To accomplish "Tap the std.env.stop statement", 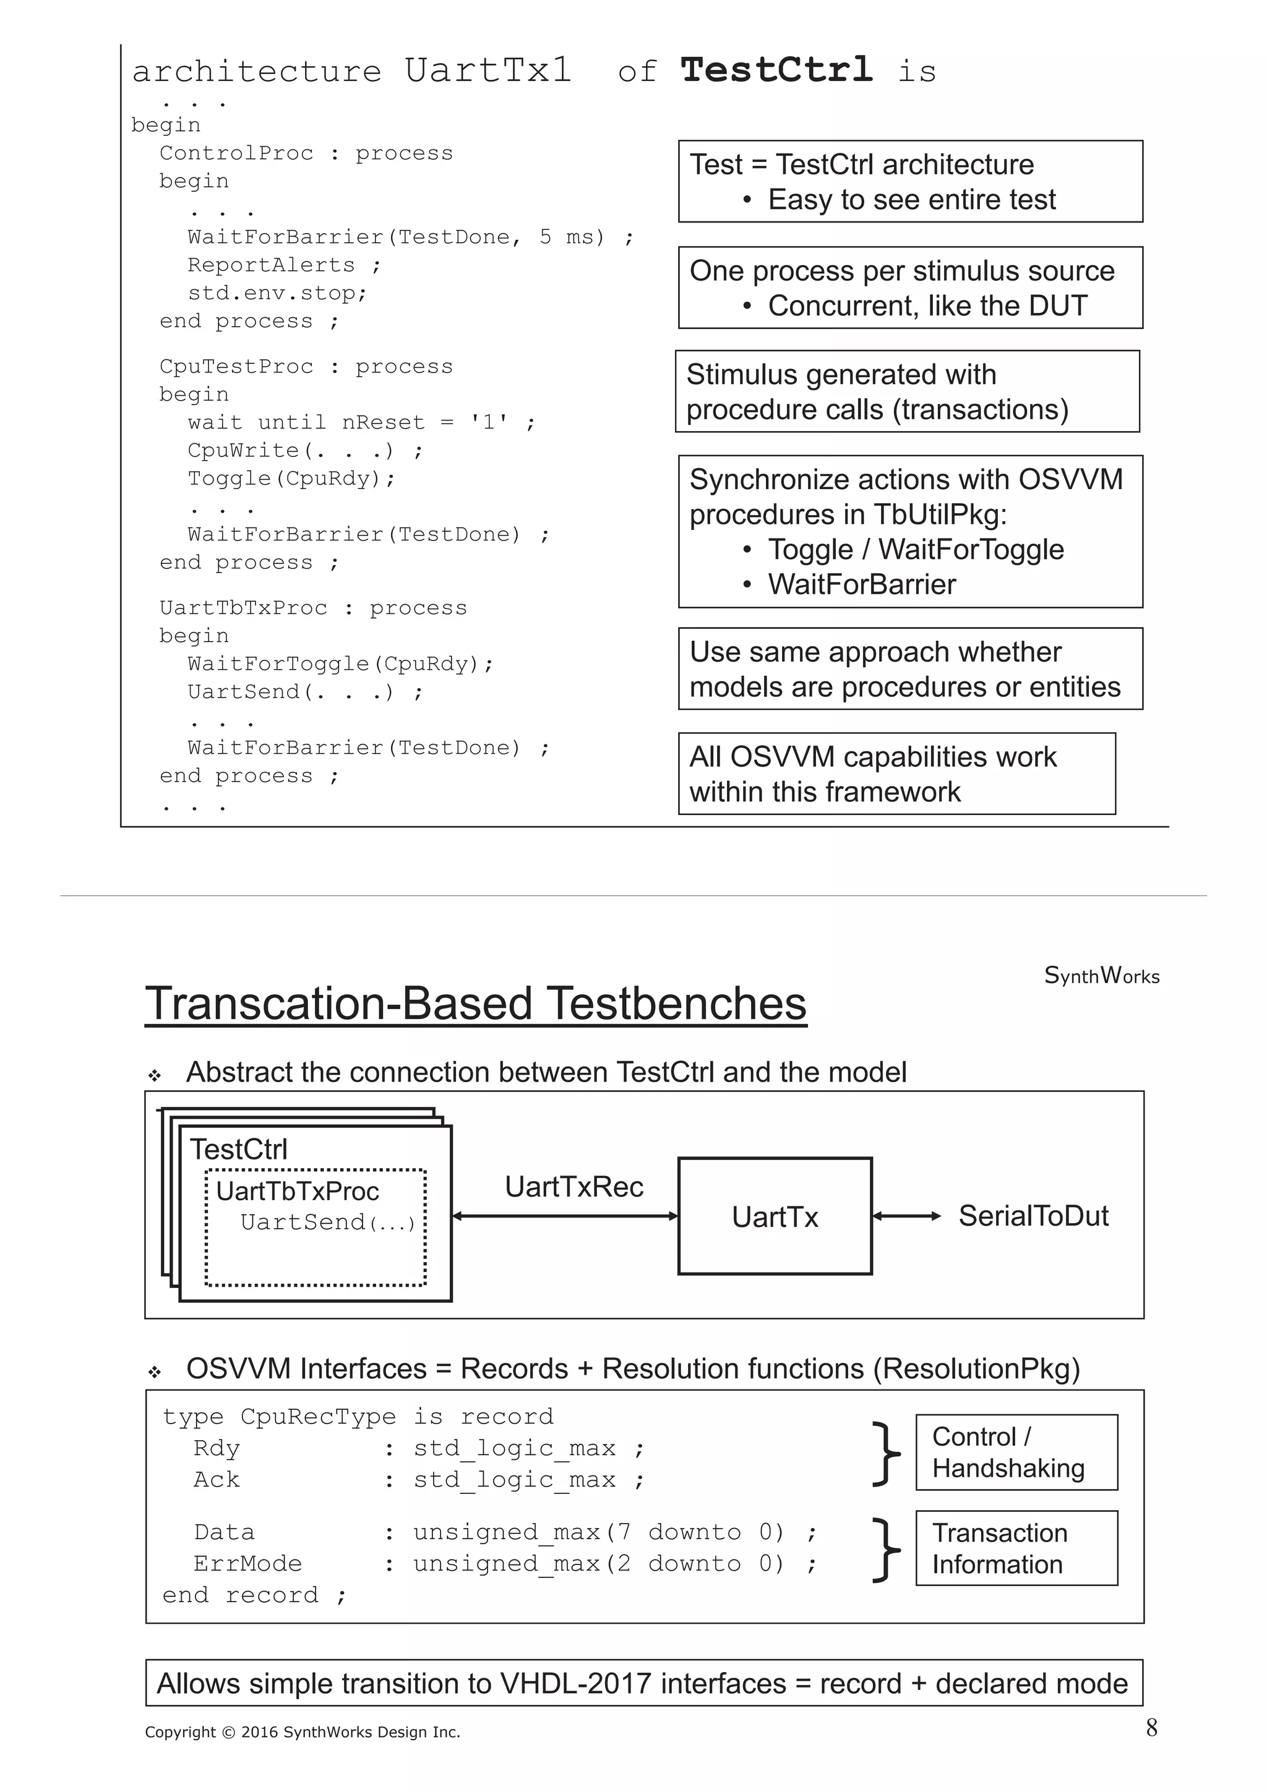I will pos(277,294).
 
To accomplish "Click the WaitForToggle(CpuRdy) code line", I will pos(340,664).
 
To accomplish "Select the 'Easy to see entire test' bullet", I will pos(911,200).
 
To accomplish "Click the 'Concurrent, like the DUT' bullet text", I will pos(927,306).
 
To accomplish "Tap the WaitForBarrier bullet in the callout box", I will pos(861,584).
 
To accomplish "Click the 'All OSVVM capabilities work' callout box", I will pos(896,774).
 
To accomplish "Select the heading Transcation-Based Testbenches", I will pos(475,1004).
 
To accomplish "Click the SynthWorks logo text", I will pos(1101,976).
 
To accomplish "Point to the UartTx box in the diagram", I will pos(775,1216).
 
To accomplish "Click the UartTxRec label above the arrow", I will pos(573,1187).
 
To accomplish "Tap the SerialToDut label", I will pos(1033,1216).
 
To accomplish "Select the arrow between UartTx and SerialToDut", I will pos(906,1216).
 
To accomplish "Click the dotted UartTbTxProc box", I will pos(316,1227).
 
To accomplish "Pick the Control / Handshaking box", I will pos(1016,1453).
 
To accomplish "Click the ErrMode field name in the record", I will pos(247,1564).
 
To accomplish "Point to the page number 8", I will pos(1151,1728).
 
